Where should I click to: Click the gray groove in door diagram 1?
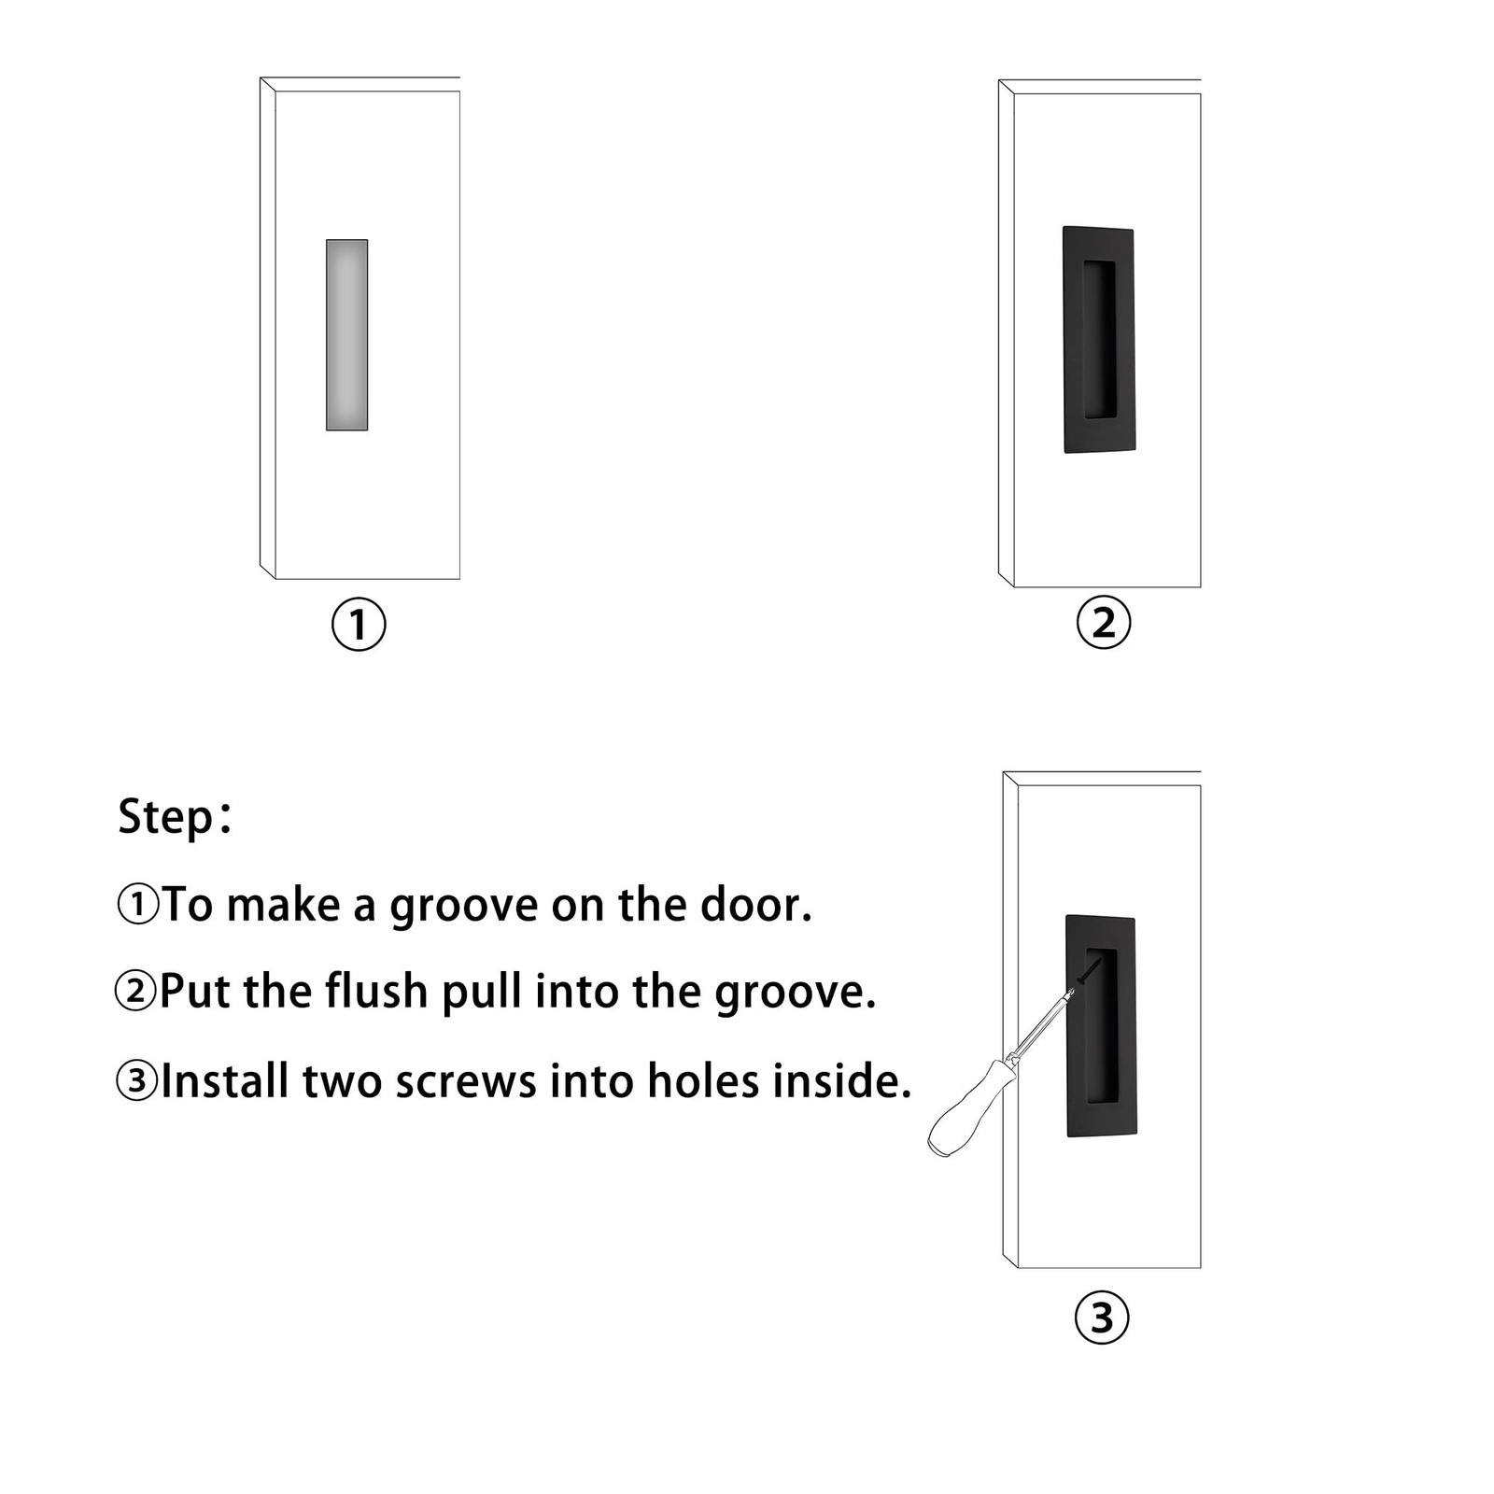(x=346, y=335)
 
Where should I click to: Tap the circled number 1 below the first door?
(x=359, y=625)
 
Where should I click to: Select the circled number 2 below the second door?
(x=1103, y=623)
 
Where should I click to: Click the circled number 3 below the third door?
(x=1102, y=1318)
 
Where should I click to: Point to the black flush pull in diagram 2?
(x=1099, y=340)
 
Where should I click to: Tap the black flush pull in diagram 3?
(x=1101, y=1025)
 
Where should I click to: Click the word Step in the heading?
(x=166, y=818)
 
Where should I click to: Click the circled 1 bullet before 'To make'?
(x=138, y=905)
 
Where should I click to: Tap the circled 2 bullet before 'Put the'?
(x=136, y=991)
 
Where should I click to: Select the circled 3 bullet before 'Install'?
(x=136, y=1080)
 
